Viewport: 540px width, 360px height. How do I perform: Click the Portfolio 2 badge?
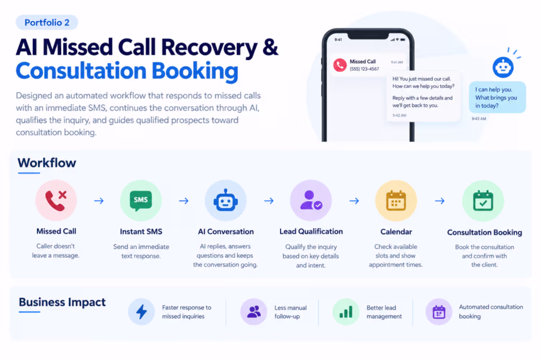(47, 22)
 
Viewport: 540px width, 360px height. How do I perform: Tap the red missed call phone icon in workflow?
(56, 201)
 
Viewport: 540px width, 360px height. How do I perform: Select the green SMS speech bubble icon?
(141, 201)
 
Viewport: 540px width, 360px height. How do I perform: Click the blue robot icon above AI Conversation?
(226, 200)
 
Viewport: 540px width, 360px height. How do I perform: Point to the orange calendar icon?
(396, 201)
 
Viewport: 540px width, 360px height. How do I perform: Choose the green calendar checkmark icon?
(483, 201)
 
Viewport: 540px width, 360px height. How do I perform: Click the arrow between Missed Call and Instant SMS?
(99, 201)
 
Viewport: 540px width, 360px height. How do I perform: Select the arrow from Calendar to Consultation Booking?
(440, 201)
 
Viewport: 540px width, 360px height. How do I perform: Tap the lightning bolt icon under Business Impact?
(141, 311)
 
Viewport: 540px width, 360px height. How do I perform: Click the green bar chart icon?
(346, 312)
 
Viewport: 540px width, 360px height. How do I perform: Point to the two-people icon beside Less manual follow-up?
(254, 311)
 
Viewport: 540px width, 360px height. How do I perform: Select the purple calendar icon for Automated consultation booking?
(439, 312)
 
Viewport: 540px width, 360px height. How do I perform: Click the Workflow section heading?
(47, 163)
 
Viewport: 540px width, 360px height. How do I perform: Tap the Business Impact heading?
(62, 302)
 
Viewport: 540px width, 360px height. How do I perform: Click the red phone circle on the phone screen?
(340, 65)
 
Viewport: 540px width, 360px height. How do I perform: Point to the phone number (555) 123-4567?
(364, 69)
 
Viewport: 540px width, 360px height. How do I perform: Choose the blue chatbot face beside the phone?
(503, 67)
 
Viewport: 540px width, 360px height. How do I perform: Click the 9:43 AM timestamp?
(479, 119)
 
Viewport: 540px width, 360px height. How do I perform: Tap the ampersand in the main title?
(270, 47)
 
